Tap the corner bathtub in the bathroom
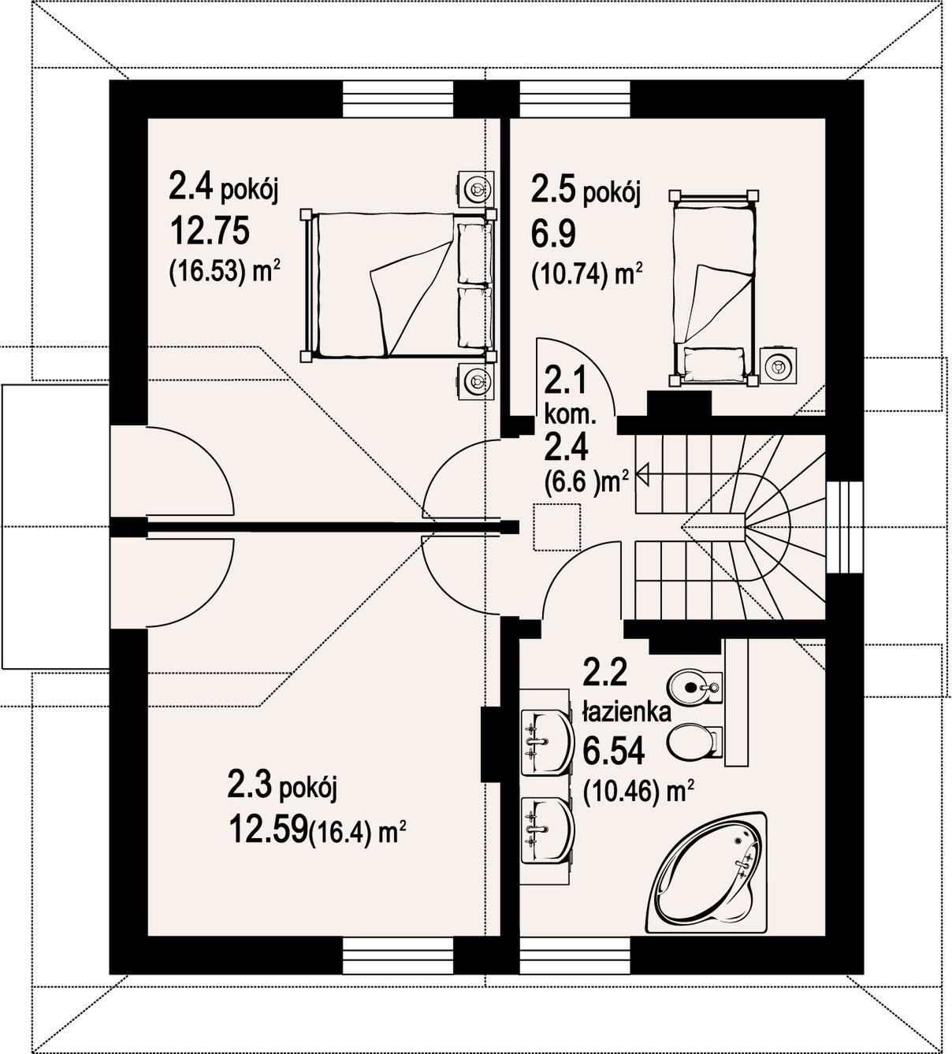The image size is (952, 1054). (x=706, y=873)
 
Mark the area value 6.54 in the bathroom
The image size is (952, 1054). (x=613, y=752)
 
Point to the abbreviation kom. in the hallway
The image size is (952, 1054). (x=571, y=417)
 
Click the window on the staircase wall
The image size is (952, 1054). (x=844, y=527)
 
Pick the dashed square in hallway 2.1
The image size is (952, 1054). (x=556, y=527)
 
